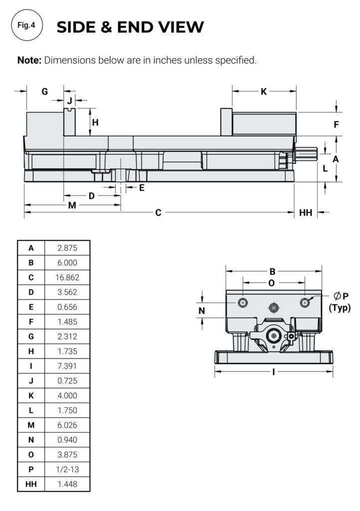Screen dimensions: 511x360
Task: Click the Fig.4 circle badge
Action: pyautogui.click(x=26, y=25)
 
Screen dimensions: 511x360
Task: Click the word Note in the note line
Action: pyautogui.click(x=28, y=61)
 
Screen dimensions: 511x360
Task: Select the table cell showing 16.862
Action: pyautogui.click(x=68, y=277)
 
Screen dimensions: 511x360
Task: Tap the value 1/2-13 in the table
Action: pyautogui.click(x=68, y=469)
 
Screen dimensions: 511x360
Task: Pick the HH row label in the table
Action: pyautogui.click(x=31, y=484)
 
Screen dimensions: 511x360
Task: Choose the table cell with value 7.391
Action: pyautogui.click(x=68, y=366)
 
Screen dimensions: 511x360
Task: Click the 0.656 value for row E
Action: pyautogui.click(x=68, y=307)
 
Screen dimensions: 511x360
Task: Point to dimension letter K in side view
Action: pyautogui.click(x=264, y=91)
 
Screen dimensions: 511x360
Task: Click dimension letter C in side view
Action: pyautogui.click(x=158, y=213)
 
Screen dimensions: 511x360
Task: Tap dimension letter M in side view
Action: pyautogui.click(x=72, y=205)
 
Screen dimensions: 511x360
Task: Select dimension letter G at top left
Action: pyautogui.click(x=44, y=91)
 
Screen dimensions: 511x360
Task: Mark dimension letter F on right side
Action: pyautogui.click(x=337, y=125)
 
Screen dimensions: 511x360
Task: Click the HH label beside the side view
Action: pyautogui.click(x=306, y=213)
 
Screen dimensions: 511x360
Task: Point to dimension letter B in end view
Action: pyautogui.click(x=273, y=272)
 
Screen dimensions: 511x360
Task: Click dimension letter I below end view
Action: pyautogui.click(x=274, y=372)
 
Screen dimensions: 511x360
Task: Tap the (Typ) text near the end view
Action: pyautogui.click(x=340, y=308)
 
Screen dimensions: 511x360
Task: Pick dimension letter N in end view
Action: pyautogui.click(x=202, y=310)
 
